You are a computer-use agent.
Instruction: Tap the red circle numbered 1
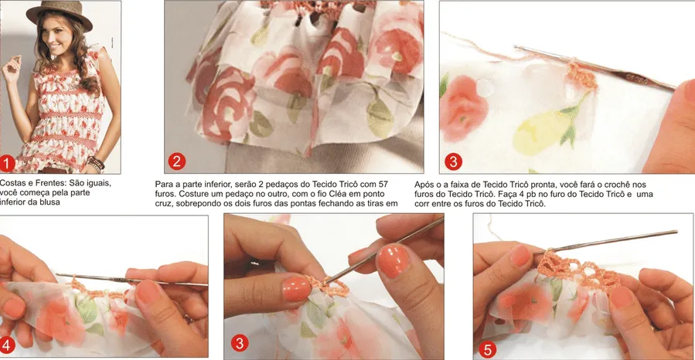(x=7, y=164)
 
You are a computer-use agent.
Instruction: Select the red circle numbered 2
(x=176, y=161)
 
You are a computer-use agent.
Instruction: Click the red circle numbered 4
(x=6, y=346)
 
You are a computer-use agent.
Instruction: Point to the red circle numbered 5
(x=487, y=350)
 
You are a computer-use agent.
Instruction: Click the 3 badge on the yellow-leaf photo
(x=453, y=161)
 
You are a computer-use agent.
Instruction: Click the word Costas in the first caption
(x=11, y=183)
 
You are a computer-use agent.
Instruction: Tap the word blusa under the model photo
(x=49, y=202)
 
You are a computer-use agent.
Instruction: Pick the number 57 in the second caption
(x=383, y=184)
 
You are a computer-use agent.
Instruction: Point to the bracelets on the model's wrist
(x=95, y=164)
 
